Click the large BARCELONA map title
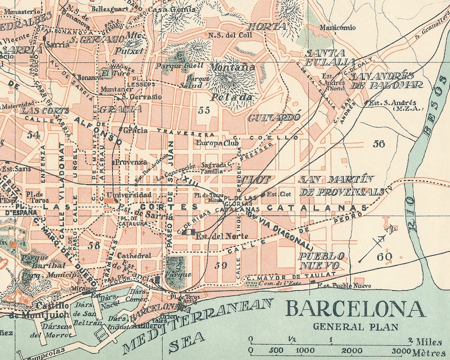coord(355,310)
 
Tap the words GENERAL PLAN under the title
coord(355,327)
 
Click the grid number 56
coord(379,144)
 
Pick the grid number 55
coord(204,111)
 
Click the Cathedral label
coord(135,256)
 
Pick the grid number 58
coord(94,245)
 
